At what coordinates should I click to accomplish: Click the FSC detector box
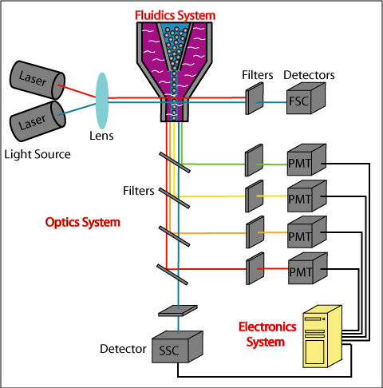click(306, 98)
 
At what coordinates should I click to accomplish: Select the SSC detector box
click(177, 346)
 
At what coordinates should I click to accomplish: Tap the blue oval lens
click(102, 101)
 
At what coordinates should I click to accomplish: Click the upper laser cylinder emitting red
click(38, 80)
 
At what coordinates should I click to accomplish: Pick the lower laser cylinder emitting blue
click(38, 121)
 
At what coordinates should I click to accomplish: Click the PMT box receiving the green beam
click(306, 160)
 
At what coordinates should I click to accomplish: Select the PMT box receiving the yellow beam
click(307, 196)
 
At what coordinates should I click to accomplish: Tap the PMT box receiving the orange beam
click(307, 232)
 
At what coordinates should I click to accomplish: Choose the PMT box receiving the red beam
click(308, 268)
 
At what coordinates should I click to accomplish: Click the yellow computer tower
click(322, 336)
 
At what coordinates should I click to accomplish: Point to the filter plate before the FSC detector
click(255, 98)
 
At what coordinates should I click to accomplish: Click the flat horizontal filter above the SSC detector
click(178, 311)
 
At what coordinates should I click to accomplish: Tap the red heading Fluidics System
click(175, 15)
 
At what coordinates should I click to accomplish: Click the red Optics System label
click(83, 222)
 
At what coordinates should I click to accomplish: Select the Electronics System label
click(267, 335)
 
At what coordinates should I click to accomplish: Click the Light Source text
click(38, 154)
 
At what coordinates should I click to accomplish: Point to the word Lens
click(101, 136)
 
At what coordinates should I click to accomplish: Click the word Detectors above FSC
click(309, 75)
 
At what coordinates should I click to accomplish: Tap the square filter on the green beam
click(254, 160)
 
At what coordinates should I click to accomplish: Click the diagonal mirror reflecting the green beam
click(175, 162)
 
